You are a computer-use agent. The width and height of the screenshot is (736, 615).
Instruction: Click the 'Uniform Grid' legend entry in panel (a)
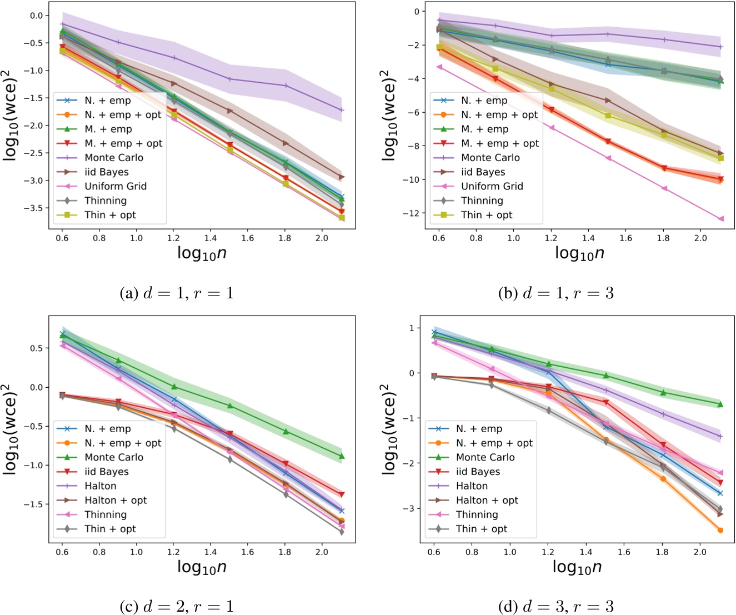coord(116,186)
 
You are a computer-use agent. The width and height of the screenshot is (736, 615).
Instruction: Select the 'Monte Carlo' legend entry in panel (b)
coord(490,158)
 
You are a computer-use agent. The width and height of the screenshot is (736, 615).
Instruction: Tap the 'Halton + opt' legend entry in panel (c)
coord(116,500)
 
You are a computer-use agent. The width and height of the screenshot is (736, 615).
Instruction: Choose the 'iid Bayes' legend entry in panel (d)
coord(478,472)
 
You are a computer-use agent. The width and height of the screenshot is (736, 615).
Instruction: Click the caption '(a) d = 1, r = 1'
coord(177,293)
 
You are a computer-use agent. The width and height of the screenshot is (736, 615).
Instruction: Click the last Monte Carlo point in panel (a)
coord(342,110)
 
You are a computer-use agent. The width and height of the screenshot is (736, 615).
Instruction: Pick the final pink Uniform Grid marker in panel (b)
coord(721,219)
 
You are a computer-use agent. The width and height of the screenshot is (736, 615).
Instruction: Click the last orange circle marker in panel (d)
coord(720,530)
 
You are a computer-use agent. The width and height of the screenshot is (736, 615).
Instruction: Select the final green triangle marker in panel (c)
coord(342,456)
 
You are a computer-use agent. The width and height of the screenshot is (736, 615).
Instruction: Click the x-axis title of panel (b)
coord(579,253)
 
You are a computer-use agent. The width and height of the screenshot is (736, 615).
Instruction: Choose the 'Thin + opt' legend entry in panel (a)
coord(110,215)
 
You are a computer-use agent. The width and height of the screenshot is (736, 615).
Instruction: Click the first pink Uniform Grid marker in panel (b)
coord(439,67)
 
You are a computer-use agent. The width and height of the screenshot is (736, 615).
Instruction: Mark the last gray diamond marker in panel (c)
coord(342,532)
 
